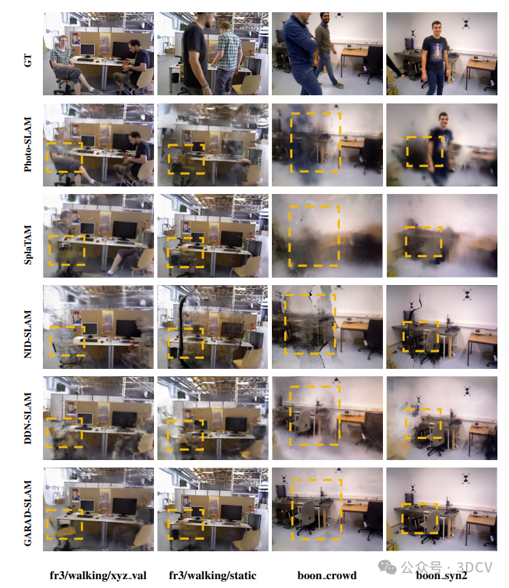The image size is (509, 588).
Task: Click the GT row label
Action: point(27,60)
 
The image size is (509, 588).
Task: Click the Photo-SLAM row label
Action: point(27,145)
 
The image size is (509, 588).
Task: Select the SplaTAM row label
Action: point(27,245)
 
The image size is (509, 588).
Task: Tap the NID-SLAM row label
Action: point(27,334)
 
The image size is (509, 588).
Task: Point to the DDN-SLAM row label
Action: point(27,419)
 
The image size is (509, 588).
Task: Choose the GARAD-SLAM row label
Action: point(27,513)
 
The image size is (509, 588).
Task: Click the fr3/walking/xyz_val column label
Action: point(98,576)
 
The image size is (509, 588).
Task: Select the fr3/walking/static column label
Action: point(213,576)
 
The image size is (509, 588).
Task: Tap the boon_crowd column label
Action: point(327,576)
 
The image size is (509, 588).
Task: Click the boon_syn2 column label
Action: point(442,576)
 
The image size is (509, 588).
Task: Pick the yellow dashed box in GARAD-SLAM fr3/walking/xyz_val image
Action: point(47,524)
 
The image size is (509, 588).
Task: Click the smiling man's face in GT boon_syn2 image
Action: point(436,29)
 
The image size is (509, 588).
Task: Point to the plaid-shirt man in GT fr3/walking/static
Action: point(228,56)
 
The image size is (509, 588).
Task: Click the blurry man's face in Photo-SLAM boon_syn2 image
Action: point(444,120)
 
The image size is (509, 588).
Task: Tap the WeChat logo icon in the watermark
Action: point(387,567)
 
